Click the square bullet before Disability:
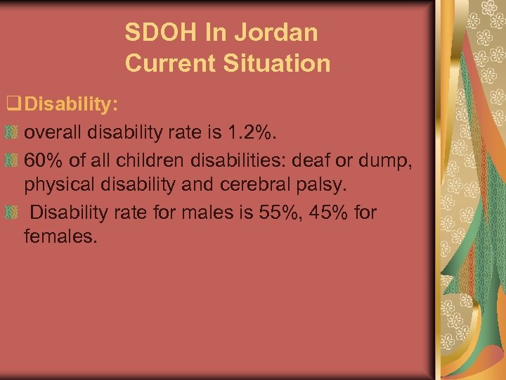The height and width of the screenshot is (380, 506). (x=12, y=105)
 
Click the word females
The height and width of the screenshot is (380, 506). (x=60, y=237)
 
